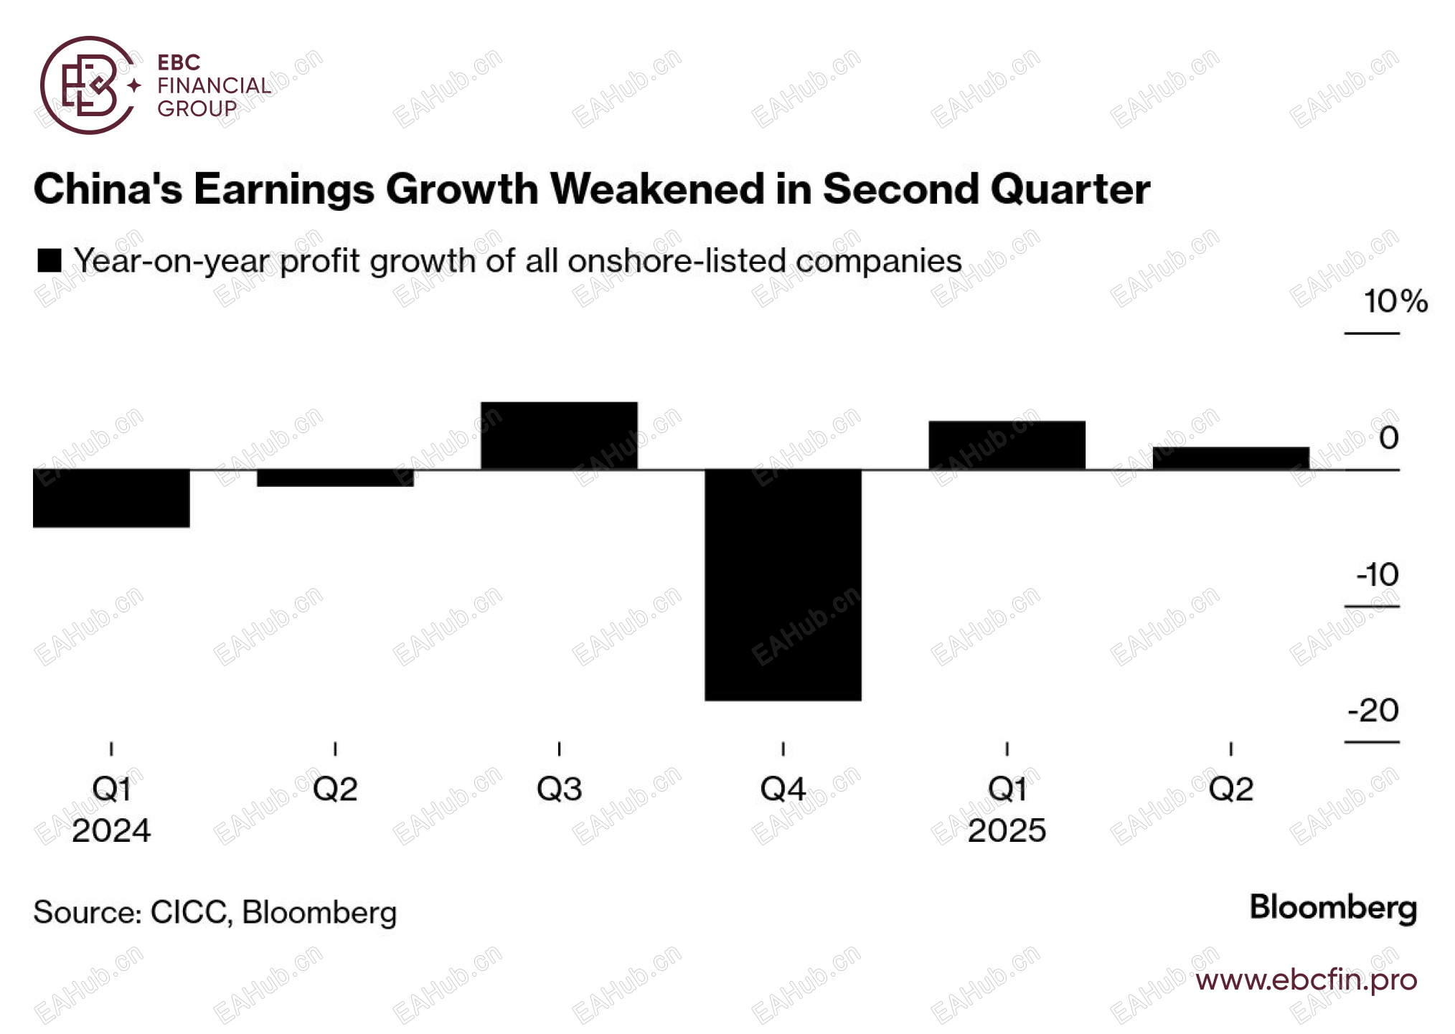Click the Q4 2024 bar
[783, 584]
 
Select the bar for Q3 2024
[559, 436]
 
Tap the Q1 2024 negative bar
[111, 498]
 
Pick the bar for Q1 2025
[1007, 445]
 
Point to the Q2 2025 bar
[1230, 458]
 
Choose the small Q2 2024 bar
[335, 478]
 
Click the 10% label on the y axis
[1395, 301]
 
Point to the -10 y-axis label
[1377, 574]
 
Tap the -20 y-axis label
[1373, 711]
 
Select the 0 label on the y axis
[1388, 438]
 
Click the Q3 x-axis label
[559, 789]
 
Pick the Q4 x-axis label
[783, 789]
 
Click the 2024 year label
[111, 831]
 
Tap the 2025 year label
[1007, 831]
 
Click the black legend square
[50, 260]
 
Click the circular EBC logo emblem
[88, 85]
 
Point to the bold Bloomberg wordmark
[1333, 908]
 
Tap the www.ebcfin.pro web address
[1306, 980]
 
